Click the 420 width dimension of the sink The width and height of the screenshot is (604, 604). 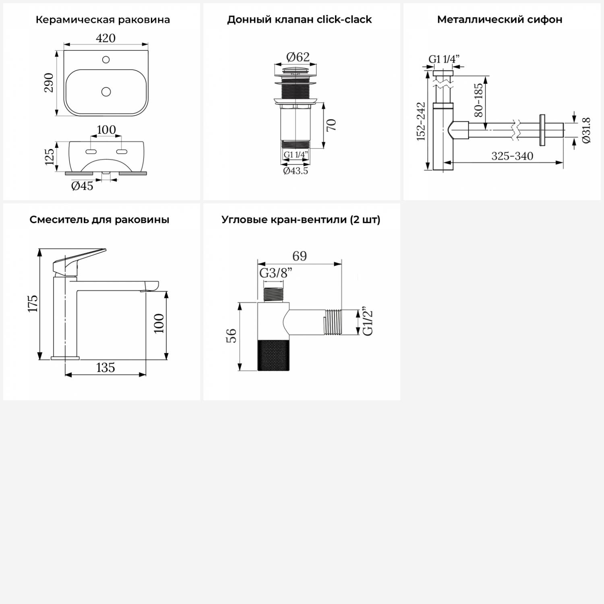pyautogui.click(x=106, y=38)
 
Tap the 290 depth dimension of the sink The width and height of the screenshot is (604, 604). pyautogui.click(x=49, y=83)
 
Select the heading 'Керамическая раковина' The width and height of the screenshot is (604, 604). pyautogui.click(x=103, y=20)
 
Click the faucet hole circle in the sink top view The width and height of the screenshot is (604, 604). pyautogui.click(x=106, y=60)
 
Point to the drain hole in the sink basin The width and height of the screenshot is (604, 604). pyautogui.click(x=106, y=92)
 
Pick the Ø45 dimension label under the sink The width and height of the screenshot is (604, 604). pyautogui.click(x=82, y=186)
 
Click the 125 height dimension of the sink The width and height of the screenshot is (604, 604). pyautogui.click(x=49, y=157)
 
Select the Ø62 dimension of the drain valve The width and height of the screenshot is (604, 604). pyautogui.click(x=298, y=57)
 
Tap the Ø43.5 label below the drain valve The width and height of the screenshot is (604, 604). pyautogui.click(x=296, y=171)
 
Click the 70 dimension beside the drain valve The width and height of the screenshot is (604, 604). pyautogui.click(x=331, y=125)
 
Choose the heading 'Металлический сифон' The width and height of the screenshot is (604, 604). pyautogui.click(x=500, y=20)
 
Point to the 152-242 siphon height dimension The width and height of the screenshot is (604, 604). pyautogui.click(x=421, y=121)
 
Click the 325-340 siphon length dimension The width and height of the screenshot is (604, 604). pyautogui.click(x=512, y=156)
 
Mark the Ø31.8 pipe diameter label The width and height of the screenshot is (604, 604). pyautogui.click(x=586, y=130)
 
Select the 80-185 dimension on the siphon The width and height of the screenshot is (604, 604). pyautogui.click(x=478, y=100)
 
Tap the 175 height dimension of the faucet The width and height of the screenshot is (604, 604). pyautogui.click(x=33, y=303)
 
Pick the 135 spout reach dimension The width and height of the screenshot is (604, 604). pyautogui.click(x=105, y=367)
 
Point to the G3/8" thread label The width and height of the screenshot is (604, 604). pyautogui.click(x=276, y=273)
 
